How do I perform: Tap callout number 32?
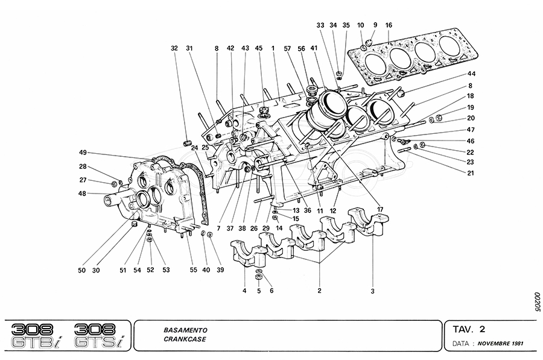coord(174,48)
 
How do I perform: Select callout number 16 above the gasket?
coord(389,25)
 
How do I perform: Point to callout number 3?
coord(373,291)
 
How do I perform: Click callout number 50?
coord(81,270)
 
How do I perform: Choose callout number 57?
coord(288,48)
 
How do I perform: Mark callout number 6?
coord(271,291)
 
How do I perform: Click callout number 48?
coord(83,194)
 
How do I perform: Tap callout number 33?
coord(320,25)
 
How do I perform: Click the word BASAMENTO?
coord(185,330)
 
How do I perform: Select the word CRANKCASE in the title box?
coord(184,339)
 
